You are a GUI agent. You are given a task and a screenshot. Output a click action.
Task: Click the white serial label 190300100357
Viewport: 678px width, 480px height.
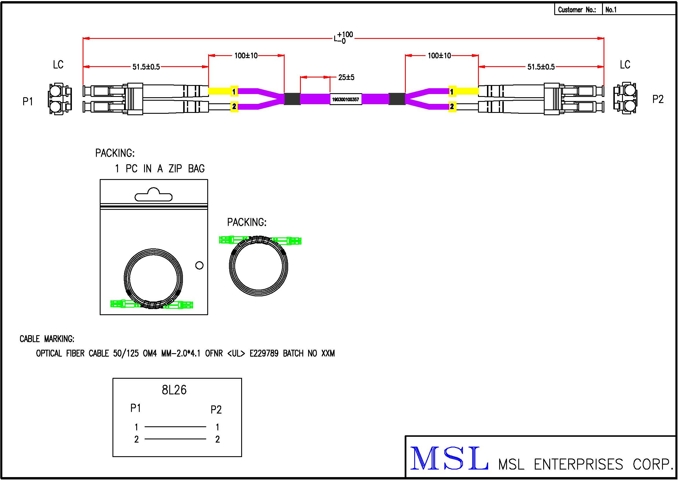pos(346,99)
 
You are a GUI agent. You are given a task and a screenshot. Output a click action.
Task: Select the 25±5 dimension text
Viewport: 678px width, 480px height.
pos(346,77)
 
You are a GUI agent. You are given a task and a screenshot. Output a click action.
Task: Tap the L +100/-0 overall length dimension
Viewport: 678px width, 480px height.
pos(343,38)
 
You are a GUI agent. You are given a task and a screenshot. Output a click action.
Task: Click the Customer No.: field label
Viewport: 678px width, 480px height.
pos(577,10)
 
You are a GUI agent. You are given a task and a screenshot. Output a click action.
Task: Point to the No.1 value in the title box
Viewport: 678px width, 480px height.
pos(611,10)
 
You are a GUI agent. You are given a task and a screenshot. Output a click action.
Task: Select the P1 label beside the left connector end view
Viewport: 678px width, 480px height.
pos(28,101)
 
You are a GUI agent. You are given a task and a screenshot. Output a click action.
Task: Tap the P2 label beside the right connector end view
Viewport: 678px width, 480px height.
pos(658,99)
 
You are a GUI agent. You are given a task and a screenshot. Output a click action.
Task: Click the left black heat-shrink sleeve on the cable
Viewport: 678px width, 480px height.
pos(292,99)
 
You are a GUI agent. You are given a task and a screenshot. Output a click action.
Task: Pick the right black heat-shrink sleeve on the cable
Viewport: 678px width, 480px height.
pos(397,99)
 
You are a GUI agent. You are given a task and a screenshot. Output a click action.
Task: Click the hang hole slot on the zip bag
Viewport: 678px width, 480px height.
pos(153,195)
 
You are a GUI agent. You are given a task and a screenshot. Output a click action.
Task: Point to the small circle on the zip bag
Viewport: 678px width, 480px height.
pos(199,266)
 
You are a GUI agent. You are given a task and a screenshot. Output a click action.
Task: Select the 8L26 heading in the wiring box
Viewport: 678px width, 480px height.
pos(174,390)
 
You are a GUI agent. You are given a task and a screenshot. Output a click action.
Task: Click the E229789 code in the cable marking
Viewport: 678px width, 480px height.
pos(264,353)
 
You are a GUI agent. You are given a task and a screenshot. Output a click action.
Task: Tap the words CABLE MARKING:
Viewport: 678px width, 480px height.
pos(47,339)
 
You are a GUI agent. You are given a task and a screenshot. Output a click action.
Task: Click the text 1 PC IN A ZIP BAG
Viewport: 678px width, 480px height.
pos(159,169)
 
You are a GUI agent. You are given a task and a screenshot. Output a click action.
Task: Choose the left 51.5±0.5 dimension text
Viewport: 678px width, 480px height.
pos(146,67)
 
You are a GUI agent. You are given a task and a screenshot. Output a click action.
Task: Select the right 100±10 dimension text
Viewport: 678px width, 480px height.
pos(439,55)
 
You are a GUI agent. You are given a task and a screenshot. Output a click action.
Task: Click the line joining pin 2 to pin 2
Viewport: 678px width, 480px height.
pos(175,439)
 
